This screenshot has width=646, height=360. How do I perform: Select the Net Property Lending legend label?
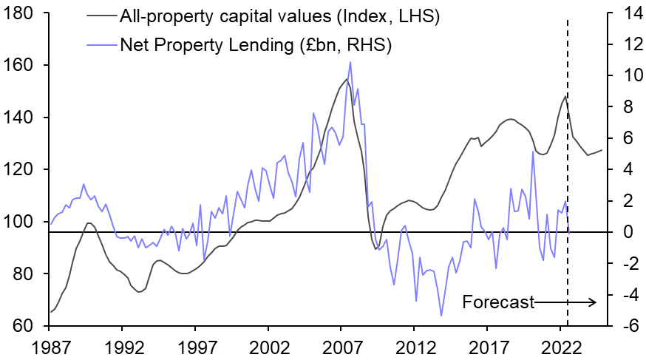(x=255, y=44)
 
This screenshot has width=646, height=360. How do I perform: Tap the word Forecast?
(x=498, y=302)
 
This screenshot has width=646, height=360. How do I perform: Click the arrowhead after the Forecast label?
(x=592, y=302)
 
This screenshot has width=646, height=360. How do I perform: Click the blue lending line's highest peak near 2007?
(x=350, y=62)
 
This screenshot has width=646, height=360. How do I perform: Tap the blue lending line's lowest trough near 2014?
(x=441, y=316)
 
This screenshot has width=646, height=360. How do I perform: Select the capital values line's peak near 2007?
(x=347, y=79)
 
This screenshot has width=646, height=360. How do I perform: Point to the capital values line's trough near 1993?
(x=138, y=292)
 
